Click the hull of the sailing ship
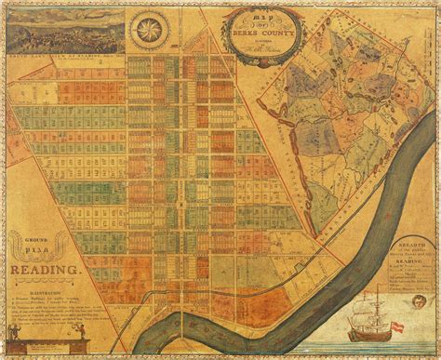pyautogui.click(x=367, y=334)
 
